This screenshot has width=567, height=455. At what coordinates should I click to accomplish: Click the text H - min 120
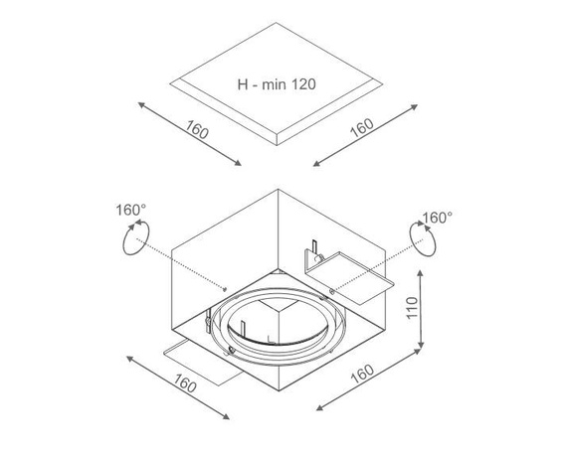[x=277, y=84]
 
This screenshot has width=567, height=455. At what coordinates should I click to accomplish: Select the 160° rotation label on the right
[x=437, y=217]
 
